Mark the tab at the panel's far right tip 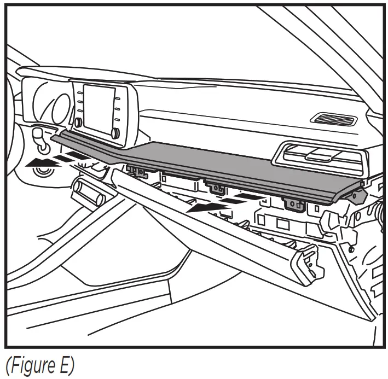click(358, 192)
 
